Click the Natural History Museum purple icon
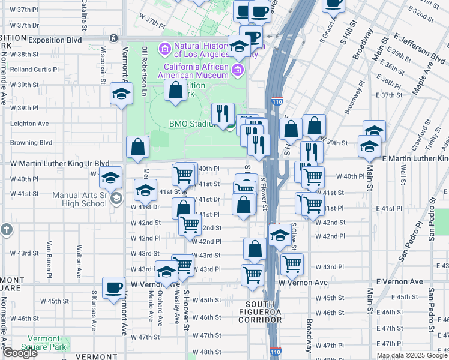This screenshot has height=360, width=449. pos(164,48)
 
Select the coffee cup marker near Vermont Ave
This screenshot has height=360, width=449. pos(113,287)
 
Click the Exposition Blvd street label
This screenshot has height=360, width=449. pos(53,39)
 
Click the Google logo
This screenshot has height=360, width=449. pos(19,353)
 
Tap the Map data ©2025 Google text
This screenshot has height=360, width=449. pos(411,355)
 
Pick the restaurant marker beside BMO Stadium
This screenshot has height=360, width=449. pos(223,113)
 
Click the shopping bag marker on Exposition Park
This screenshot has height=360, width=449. pos(175,91)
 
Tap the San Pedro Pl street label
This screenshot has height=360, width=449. pos(409,242)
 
